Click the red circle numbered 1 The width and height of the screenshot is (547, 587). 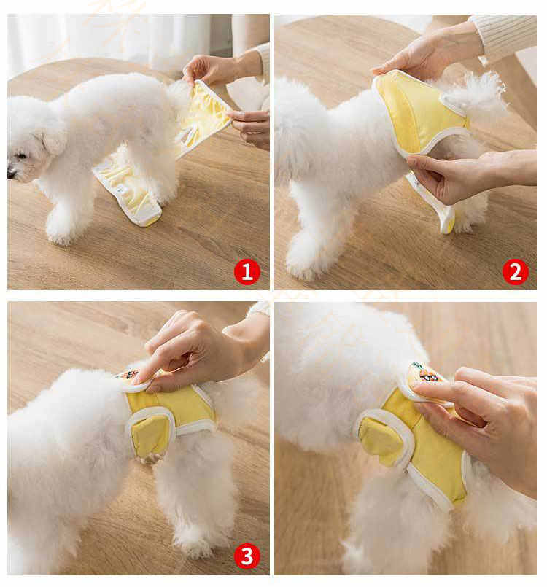(x=247, y=272)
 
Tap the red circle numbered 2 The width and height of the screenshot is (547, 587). (x=515, y=272)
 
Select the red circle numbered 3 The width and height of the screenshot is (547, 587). (x=247, y=556)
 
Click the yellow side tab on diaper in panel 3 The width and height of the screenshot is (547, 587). (x=151, y=434)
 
